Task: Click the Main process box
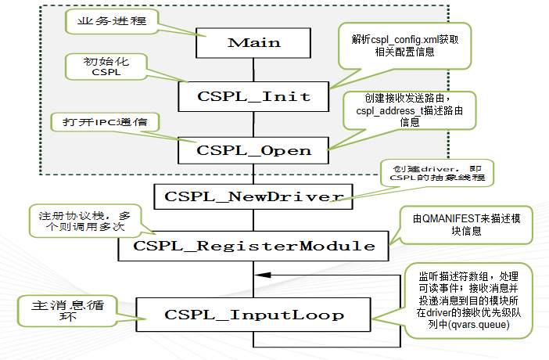(x=253, y=42)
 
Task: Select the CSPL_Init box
(x=253, y=97)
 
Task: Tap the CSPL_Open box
(x=253, y=149)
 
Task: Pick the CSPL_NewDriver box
(x=253, y=196)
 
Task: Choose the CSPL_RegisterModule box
(x=253, y=245)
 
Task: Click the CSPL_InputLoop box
(x=253, y=315)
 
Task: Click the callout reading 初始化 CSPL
(x=103, y=67)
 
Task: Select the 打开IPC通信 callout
(x=104, y=122)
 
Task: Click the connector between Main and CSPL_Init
(x=253, y=70)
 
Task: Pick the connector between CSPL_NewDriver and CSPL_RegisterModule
(x=253, y=218)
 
